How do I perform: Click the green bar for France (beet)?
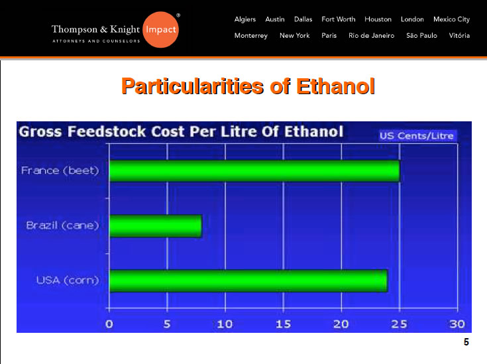click(254, 170)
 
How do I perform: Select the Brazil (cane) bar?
click(156, 226)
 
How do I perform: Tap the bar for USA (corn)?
click(248, 281)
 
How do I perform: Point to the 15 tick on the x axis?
click(284, 324)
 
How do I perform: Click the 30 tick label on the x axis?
click(457, 324)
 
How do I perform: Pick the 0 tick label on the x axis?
click(109, 324)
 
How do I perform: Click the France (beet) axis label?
click(60, 170)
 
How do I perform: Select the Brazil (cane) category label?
click(62, 225)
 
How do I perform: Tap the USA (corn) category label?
click(68, 280)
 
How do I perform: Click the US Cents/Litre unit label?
click(417, 136)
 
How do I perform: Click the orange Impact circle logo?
click(160, 30)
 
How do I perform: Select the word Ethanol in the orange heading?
click(335, 86)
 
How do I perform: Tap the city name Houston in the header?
click(378, 19)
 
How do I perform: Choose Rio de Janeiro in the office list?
click(372, 35)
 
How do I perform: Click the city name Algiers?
click(245, 20)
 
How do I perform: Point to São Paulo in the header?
click(422, 35)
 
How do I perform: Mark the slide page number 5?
click(466, 342)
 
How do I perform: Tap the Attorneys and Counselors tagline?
click(96, 41)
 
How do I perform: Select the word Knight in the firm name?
click(125, 29)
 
